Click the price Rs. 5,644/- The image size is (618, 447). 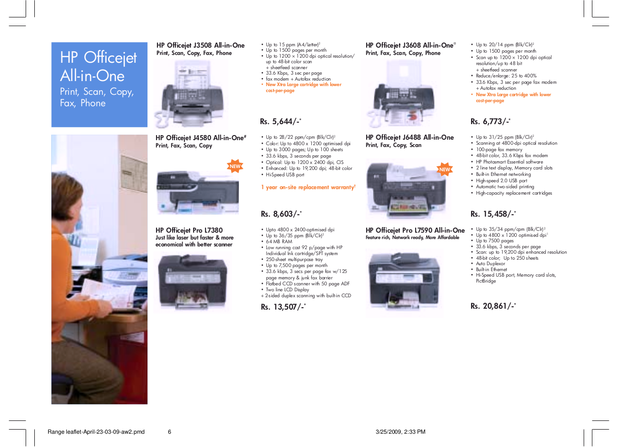click(x=280, y=122)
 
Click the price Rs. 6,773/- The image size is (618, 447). click(x=490, y=122)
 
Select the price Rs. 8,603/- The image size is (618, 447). click(x=281, y=214)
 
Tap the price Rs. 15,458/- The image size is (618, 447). click(x=493, y=214)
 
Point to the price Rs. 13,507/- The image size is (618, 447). click(x=283, y=307)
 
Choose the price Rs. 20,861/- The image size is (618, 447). click(x=493, y=306)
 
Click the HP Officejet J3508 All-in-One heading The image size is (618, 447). click(x=200, y=45)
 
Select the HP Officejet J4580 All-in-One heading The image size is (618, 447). click(x=200, y=138)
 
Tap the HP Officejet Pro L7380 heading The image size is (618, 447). click(x=189, y=230)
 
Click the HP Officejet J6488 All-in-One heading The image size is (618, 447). click(x=409, y=137)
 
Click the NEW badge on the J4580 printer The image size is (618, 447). click(x=235, y=166)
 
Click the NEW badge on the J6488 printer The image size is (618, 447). click(x=445, y=169)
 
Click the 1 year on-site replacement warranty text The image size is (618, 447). click(x=308, y=187)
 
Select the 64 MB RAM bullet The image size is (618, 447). click(x=279, y=241)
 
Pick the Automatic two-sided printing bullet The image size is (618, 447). click(x=504, y=187)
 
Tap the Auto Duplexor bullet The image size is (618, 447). click(x=490, y=264)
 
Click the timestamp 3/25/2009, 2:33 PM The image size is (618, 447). click(x=400, y=432)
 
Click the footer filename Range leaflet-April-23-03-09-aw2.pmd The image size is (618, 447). click(x=96, y=432)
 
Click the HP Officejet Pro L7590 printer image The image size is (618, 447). click(x=404, y=282)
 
